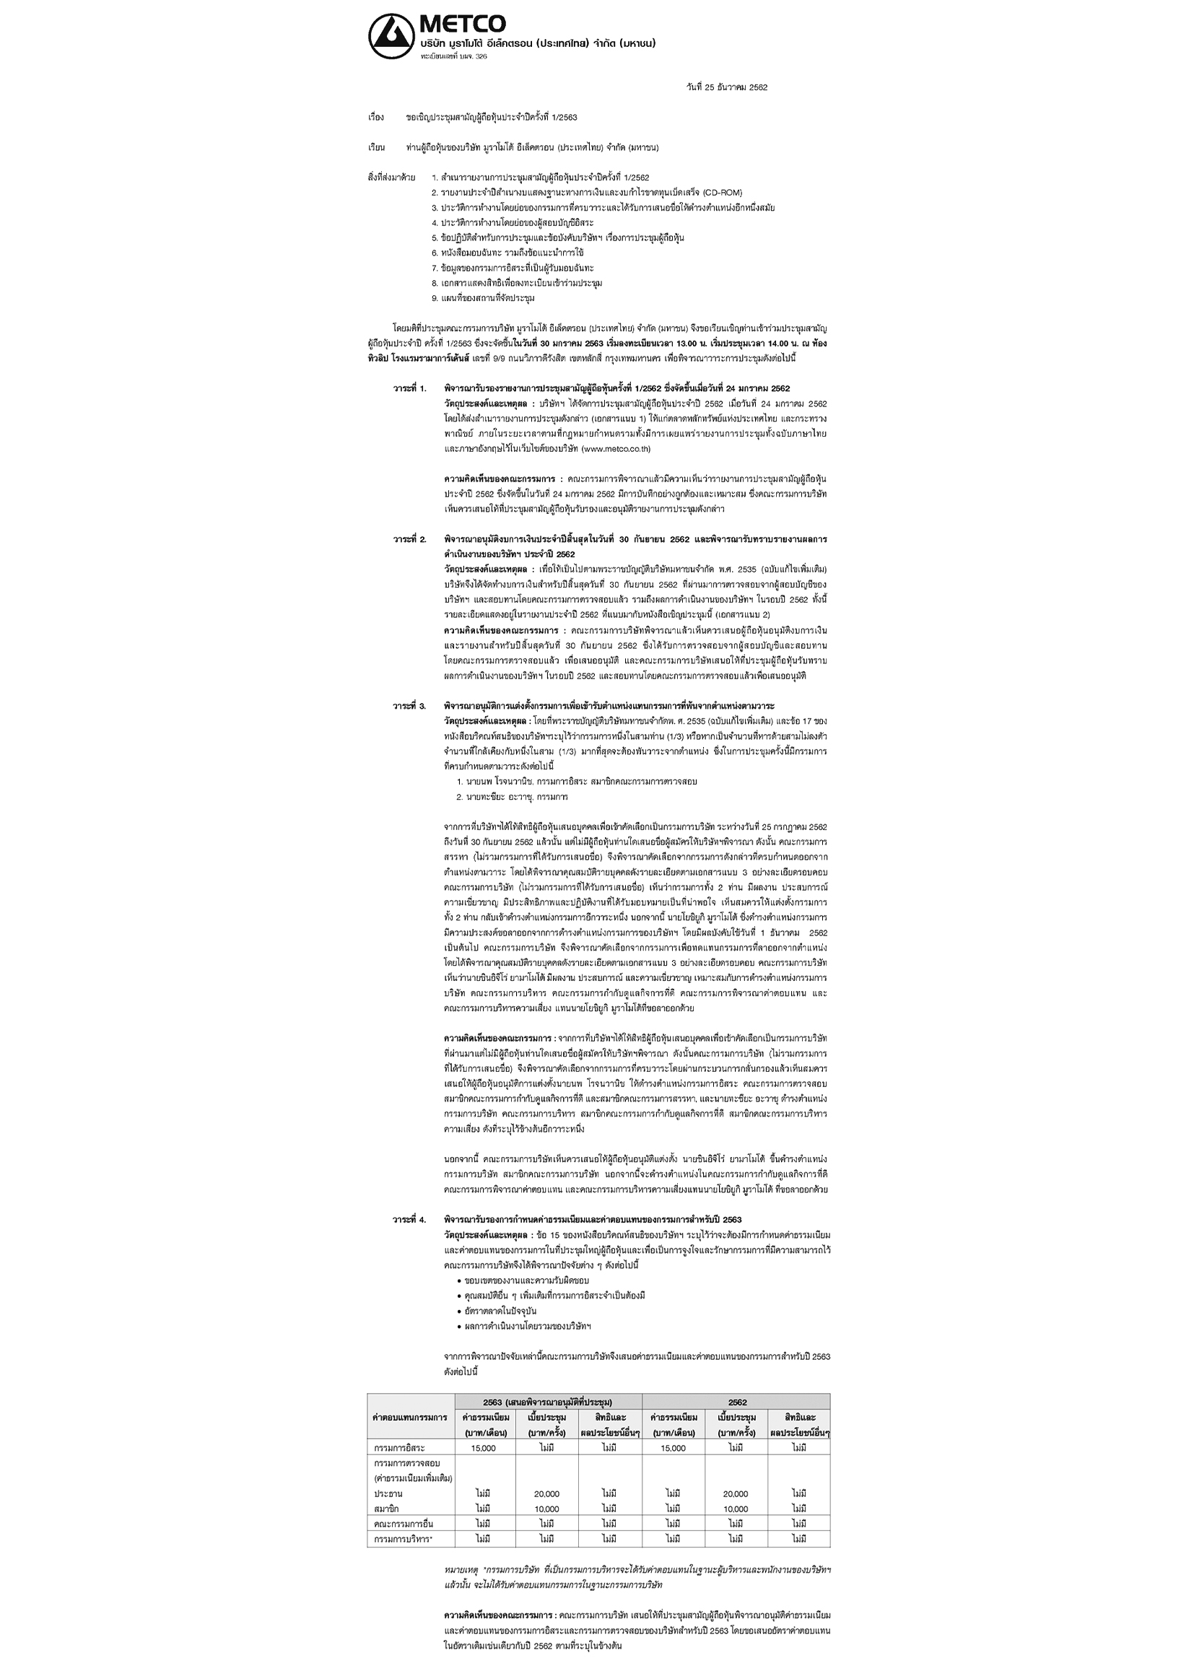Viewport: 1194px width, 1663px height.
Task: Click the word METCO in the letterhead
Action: click(x=462, y=25)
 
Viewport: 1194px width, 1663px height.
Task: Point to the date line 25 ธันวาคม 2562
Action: click(x=726, y=87)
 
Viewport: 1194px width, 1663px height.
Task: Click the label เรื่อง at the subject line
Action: click(x=376, y=118)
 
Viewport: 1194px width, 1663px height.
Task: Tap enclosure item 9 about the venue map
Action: click(x=483, y=298)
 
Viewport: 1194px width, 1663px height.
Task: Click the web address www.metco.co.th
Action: click(x=615, y=449)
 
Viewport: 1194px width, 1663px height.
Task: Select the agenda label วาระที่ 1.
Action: click(x=409, y=388)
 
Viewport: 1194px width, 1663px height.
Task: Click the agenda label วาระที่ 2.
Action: click(x=409, y=539)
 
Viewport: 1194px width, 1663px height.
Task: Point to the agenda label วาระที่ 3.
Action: click(x=409, y=705)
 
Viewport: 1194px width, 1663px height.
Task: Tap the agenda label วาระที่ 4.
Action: click(x=409, y=1219)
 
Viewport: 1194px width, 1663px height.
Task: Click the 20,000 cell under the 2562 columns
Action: click(x=736, y=1493)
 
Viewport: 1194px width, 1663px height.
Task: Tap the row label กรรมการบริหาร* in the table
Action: click(x=403, y=1538)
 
